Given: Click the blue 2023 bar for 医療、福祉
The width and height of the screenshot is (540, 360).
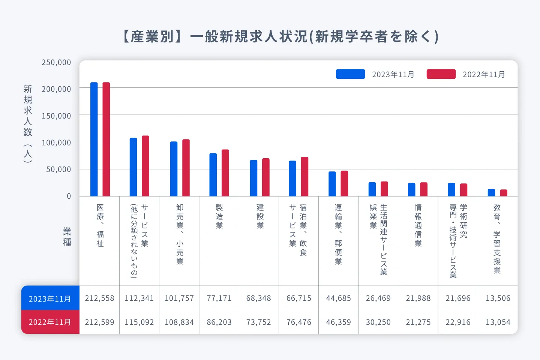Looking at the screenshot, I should tap(94, 139).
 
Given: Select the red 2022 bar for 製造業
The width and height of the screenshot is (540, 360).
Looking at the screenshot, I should tap(225, 173).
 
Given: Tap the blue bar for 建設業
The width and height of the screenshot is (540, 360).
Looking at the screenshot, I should tap(254, 178).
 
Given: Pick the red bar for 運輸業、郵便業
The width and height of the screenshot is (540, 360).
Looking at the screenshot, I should tap(344, 183).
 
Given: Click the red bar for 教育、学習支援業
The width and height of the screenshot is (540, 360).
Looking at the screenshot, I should tap(503, 193).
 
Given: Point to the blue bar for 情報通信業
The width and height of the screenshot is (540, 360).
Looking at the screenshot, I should tap(412, 190).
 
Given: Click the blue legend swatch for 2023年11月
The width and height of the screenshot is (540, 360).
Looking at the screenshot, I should tap(350, 74).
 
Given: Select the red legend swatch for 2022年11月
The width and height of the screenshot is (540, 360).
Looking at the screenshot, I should tap(441, 74).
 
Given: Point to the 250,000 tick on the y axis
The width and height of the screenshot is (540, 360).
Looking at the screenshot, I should tap(56, 63).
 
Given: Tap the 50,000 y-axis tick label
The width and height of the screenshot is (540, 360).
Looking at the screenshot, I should tap(58, 169).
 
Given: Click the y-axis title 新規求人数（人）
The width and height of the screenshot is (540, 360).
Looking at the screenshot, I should tap(28, 124).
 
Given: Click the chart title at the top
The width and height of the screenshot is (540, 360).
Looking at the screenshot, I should tap(280, 37).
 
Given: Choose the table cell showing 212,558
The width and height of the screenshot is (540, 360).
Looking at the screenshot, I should tap(99, 298).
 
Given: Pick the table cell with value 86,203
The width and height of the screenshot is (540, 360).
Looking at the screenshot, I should tap(219, 322).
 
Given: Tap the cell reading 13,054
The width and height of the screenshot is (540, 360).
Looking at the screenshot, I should tap(498, 322).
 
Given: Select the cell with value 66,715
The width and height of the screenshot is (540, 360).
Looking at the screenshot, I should tap(299, 298).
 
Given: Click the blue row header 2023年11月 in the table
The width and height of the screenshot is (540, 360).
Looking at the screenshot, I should tap(50, 298).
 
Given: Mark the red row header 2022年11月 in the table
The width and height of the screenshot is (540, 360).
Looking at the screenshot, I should tap(50, 322).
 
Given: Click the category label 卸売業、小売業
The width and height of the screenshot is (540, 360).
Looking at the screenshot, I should tap(180, 234).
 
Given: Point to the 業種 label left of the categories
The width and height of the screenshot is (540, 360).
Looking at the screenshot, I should tap(67, 237).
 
